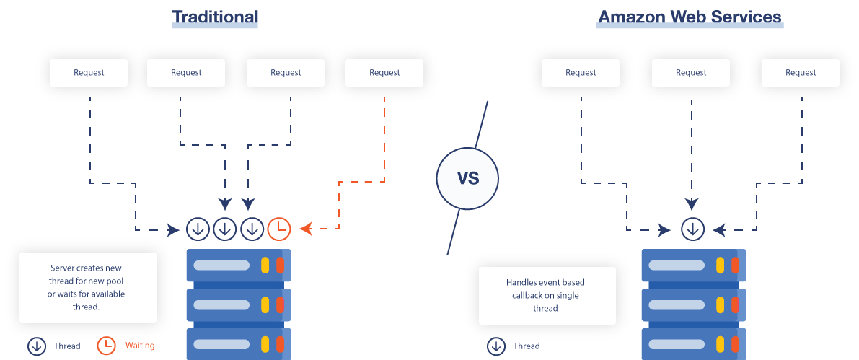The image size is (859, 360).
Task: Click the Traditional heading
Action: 215,17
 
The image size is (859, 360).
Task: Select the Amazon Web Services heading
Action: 690,17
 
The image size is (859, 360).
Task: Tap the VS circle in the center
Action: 467,177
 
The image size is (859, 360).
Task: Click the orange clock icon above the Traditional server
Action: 279,229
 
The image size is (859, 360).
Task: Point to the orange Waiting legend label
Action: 140,346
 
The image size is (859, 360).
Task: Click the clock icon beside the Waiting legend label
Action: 107,346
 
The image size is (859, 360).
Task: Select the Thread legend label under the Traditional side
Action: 67,346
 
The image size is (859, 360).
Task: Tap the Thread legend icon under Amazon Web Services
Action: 496,346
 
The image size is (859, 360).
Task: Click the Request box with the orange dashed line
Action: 384,72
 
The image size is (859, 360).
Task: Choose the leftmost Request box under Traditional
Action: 89,72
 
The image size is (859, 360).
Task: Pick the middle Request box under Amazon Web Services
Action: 691,72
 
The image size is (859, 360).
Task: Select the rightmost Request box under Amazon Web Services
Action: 801,72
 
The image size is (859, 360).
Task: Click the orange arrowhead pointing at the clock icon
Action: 305,229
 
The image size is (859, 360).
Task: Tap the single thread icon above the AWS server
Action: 693,229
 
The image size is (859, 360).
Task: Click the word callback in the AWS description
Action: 523,295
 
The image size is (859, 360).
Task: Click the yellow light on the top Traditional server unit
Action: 265,265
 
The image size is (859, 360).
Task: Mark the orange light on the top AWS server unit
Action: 735,265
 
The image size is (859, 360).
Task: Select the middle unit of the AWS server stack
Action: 693,304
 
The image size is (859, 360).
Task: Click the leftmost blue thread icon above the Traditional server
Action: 198,229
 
